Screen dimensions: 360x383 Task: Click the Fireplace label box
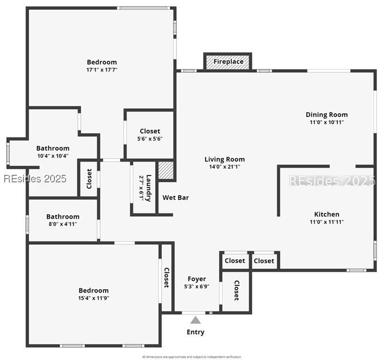228,61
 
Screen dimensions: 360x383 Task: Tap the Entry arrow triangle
195,320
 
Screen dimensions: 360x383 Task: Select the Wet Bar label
176,198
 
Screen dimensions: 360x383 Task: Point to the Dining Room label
327,114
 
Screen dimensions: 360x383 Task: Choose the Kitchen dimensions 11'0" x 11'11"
327,222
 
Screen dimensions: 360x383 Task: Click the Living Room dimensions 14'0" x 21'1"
225,166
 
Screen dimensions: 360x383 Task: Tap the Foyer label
197,279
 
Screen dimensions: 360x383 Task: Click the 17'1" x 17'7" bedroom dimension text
102,70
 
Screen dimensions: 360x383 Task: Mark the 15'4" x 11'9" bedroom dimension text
93,298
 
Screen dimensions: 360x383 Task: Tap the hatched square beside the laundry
166,171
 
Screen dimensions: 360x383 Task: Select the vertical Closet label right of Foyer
236,290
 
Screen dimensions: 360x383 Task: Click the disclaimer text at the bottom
191,357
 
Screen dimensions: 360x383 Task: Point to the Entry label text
195,332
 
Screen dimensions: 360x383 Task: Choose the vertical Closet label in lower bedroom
166,277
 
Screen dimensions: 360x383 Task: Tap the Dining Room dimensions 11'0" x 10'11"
327,122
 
